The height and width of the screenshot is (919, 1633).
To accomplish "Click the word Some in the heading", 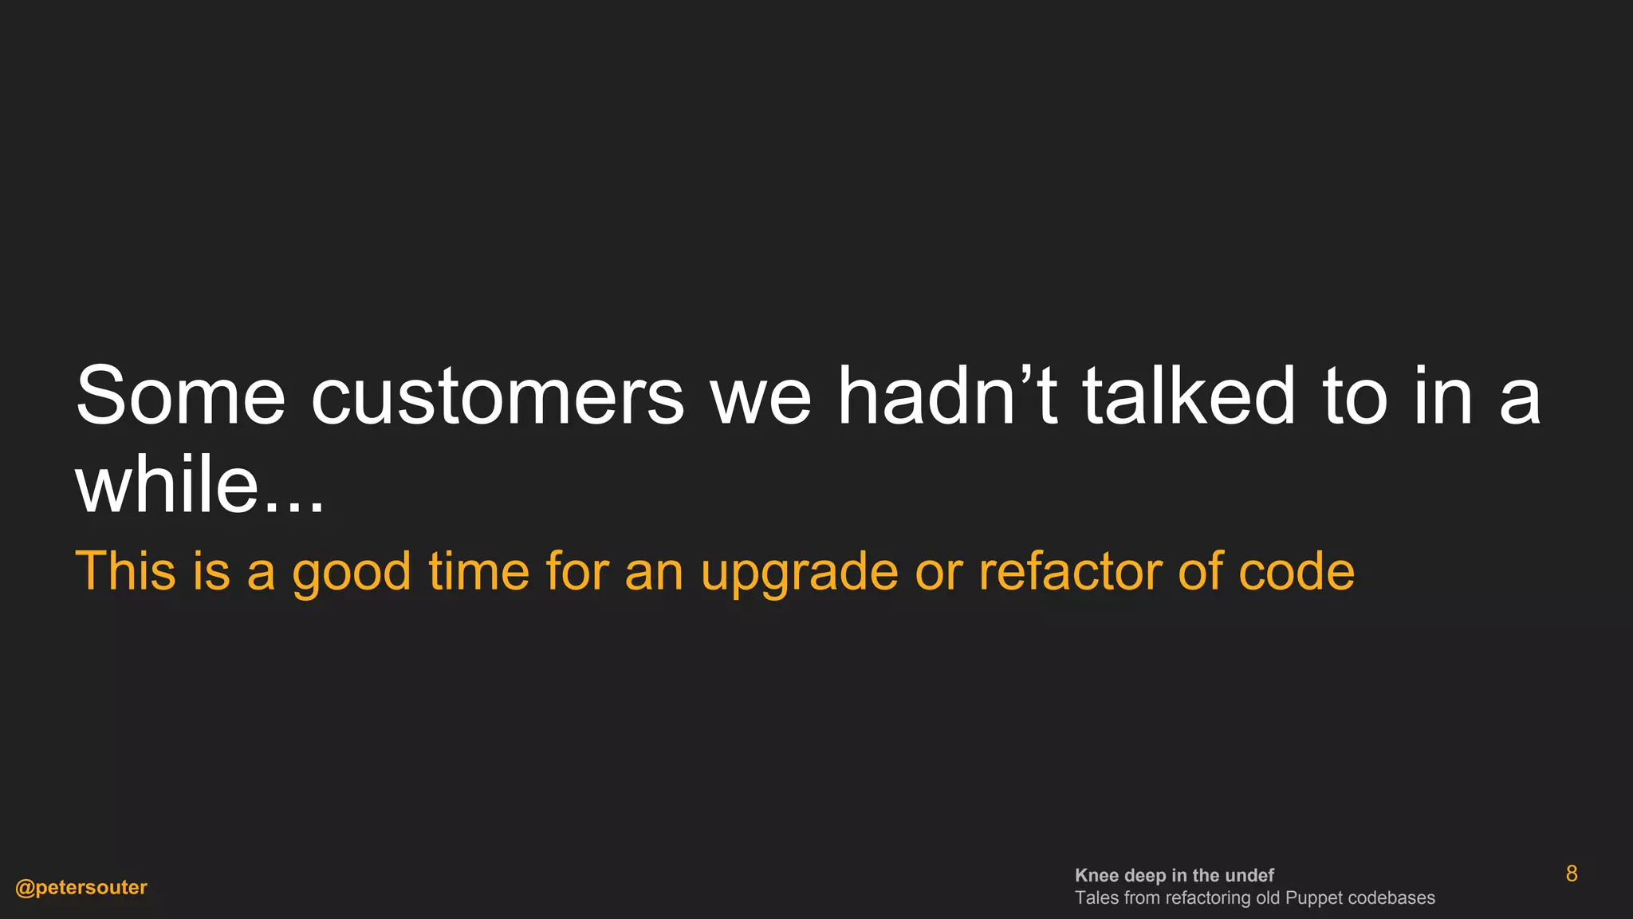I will (180, 396).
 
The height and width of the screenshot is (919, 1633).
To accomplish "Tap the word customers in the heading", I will (497, 396).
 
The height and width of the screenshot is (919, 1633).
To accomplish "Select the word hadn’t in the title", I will (946, 396).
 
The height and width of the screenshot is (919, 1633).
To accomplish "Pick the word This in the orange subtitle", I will (125, 571).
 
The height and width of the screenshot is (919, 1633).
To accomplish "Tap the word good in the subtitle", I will (352, 573).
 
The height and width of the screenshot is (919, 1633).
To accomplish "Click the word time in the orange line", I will (478, 571).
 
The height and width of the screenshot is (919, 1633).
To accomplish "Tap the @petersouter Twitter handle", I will (81, 888).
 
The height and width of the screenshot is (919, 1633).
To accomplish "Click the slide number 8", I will (1572, 874).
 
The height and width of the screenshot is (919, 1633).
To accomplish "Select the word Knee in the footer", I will (1096, 876).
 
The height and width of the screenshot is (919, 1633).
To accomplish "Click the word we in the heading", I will (760, 396).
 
